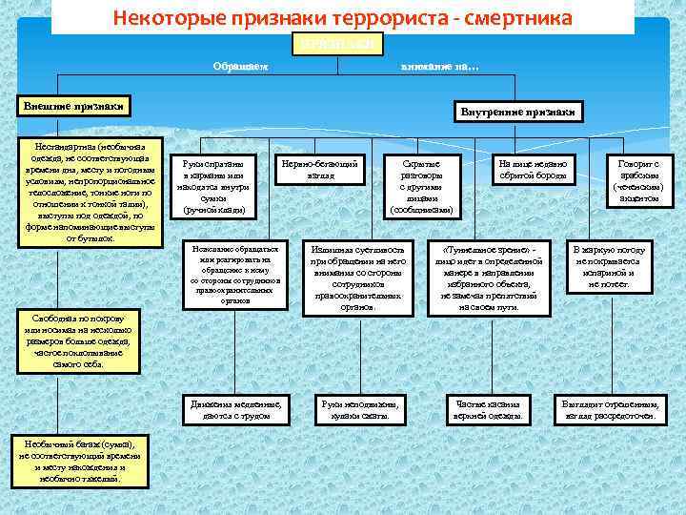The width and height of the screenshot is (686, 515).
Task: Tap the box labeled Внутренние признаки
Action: [x=520, y=113]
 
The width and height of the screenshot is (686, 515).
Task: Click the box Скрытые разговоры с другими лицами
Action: [x=421, y=187]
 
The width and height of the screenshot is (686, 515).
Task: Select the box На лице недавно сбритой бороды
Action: [x=533, y=171]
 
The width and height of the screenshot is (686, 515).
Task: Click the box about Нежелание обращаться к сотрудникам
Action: [x=234, y=274]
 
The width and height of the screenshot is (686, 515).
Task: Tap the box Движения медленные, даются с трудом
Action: [x=234, y=409]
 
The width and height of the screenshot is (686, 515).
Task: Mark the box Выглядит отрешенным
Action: [x=610, y=409]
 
